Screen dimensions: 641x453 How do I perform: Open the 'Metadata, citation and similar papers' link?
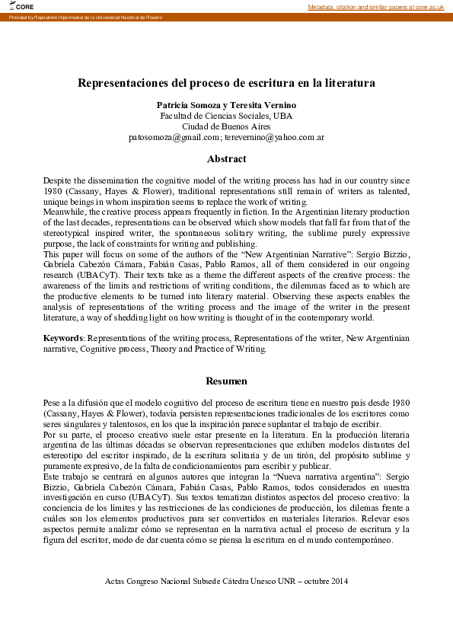click(376, 6)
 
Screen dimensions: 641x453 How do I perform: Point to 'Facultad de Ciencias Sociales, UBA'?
click(226, 115)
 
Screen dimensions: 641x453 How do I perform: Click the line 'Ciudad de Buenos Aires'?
click(226, 126)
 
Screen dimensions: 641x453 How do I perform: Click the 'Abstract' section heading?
click(226, 159)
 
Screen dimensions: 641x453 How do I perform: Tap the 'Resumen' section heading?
click(226, 381)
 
